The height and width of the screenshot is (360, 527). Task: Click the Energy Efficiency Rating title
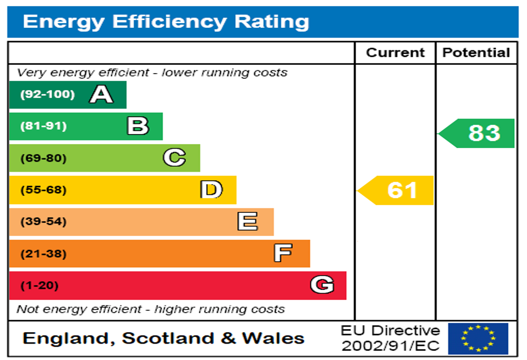click(x=166, y=22)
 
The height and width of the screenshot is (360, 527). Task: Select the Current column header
click(x=395, y=52)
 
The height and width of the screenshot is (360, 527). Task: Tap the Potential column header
click(x=476, y=52)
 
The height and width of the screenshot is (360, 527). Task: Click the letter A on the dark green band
click(x=101, y=95)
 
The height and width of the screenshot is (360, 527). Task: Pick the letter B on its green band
click(x=138, y=126)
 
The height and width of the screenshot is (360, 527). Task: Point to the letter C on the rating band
click(x=174, y=158)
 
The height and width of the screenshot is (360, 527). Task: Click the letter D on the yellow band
click(x=212, y=190)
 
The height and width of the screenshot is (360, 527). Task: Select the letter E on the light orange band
click(x=248, y=222)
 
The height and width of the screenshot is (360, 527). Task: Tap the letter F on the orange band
click(x=283, y=253)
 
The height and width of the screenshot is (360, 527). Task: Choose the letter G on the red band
click(x=322, y=285)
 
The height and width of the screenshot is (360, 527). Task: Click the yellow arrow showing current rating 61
click(x=396, y=190)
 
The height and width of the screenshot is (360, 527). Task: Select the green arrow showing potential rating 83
click(x=478, y=133)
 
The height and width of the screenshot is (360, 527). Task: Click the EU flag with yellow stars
click(x=478, y=338)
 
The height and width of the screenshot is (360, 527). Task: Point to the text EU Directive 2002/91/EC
click(x=391, y=338)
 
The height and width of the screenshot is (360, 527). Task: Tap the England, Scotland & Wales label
click(x=164, y=338)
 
